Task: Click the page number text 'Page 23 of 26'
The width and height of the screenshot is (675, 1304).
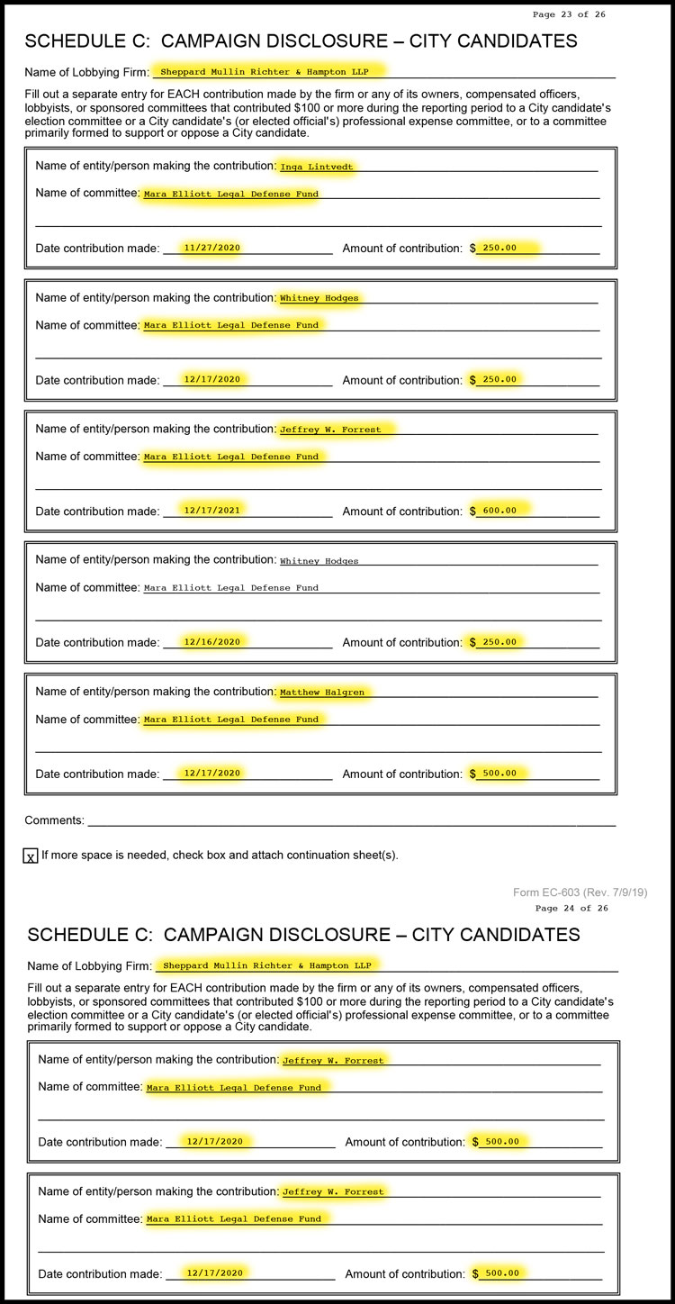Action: [569, 14]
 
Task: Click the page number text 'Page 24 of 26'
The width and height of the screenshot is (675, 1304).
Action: [571, 908]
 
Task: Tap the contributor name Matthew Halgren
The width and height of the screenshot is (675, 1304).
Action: [314, 693]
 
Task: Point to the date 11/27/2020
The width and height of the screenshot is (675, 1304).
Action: [211, 248]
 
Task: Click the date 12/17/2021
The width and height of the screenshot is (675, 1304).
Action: [211, 511]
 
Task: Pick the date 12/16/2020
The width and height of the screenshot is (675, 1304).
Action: [211, 642]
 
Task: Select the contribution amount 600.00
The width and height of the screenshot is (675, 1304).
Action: [499, 511]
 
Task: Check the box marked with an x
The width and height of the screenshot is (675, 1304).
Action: [31, 856]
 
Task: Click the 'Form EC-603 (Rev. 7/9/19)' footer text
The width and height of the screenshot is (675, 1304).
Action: [580, 892]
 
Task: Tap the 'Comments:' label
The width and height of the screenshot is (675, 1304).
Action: [54, 820]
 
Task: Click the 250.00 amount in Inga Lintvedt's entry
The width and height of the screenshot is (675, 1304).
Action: [499, 248]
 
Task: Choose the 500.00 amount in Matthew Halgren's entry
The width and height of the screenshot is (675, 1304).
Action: [499, 774]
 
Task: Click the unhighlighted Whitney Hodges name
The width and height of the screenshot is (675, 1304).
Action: [319, 561]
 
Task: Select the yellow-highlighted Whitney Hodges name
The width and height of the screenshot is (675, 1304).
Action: [319, 298]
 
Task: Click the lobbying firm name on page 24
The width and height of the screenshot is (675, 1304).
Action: [266, 965]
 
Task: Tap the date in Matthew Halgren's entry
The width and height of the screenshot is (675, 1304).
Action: [211, 774]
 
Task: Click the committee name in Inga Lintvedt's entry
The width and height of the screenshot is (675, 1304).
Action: [231, 194]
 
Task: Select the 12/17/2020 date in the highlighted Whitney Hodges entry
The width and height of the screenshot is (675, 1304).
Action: [211, 379]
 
